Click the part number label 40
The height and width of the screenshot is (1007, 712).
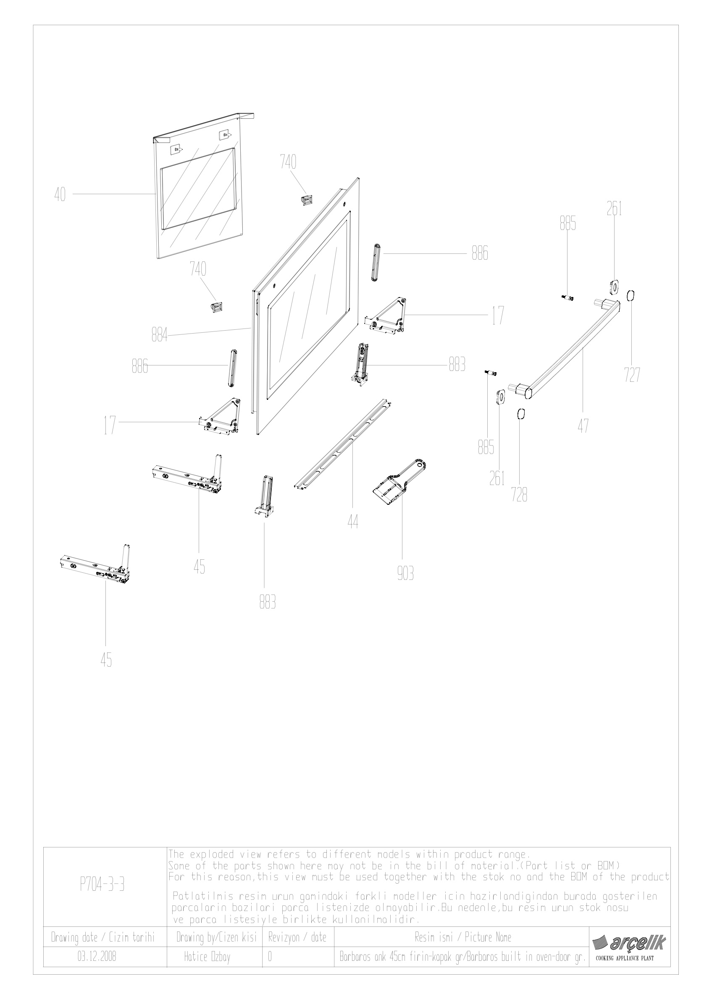[x=60, y=194]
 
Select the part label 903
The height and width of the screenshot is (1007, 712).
[x=405, y=574]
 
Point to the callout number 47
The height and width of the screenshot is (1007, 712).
[x=583, y=426]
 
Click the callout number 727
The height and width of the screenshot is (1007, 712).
[x=632, y=375]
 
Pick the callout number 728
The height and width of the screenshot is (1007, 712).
[x=519, y=496]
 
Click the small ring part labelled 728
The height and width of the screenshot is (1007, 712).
[x=520, y=414]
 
